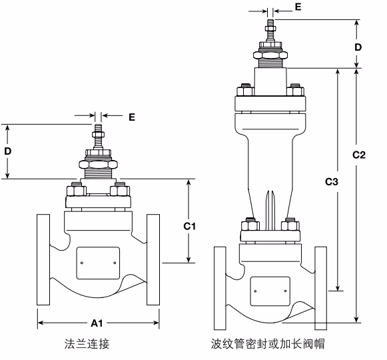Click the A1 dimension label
[x=97, y=323]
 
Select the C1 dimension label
[x=190, y=226]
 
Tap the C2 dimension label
[x=359, y=155]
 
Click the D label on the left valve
[x=8, y=151]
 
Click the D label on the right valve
[x=358, y=47]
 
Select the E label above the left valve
[x=131, y=117]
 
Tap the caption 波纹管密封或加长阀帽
[x=267, y=344]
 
